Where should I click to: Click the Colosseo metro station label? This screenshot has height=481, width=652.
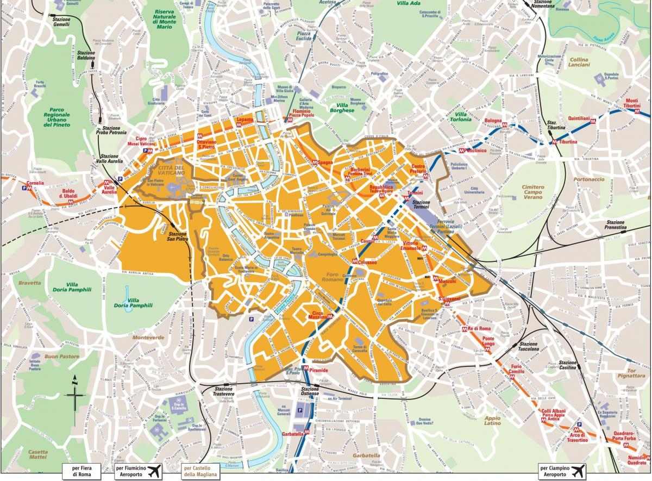click(x=367, y=262)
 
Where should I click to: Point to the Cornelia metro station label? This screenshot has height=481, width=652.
click(x=35, y=183)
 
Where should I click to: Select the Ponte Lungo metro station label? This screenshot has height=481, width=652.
click(x=488, y=342)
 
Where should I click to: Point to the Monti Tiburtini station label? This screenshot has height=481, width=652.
click(x=632, y=103)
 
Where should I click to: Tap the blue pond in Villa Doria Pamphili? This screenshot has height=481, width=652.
click(x=127, y=294)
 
